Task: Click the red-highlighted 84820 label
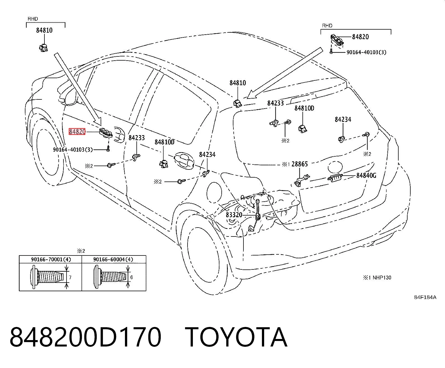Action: (77, 132)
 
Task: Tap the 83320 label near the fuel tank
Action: (234, 215)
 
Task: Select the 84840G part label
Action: (366, 175)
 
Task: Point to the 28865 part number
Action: (300, 164)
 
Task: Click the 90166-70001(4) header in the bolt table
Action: (51, 259)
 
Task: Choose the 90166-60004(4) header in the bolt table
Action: (113, 259)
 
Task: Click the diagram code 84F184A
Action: (425, 297)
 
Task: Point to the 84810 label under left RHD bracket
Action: (44, 30)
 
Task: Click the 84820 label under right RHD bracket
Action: (360, 37)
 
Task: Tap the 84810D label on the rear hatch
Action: (304, 108)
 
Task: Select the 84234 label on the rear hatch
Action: (343, 119)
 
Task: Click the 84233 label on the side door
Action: (137, 138)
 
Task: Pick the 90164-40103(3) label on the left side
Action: (73, 150)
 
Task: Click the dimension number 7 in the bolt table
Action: (70, 278)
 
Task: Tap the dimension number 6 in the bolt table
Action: (131, 277)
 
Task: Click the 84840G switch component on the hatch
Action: (335, 178)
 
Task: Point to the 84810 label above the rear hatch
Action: (238, 83)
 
